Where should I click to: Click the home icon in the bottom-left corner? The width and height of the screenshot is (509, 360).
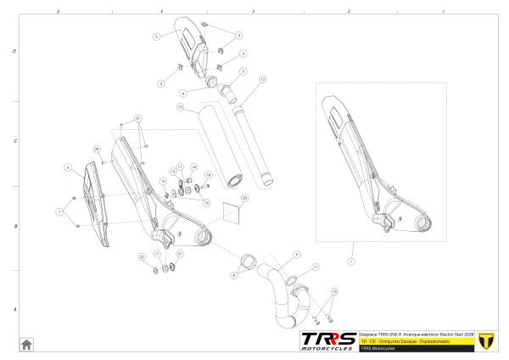coord(26,344)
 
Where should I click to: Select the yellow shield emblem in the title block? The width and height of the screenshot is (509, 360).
coord(486,341)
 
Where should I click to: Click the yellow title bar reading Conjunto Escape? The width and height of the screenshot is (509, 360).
coord(416,340)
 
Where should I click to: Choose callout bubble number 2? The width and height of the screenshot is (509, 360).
coord(156,37)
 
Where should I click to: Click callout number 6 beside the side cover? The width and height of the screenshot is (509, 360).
coord(66,168)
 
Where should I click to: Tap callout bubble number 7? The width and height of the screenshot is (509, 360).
coord(59,211)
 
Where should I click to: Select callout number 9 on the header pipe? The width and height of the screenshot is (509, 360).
coord(297,254)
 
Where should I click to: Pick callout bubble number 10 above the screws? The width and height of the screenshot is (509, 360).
coord(334,291)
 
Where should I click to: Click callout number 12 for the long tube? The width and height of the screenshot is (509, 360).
coord(263,79)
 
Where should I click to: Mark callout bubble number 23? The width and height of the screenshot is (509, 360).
coord(244,197)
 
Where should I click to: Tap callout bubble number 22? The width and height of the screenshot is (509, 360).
coord(142,256)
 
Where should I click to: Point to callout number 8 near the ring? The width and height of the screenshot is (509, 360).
coord(234,275)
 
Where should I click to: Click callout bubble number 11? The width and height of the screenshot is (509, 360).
coord(316,267)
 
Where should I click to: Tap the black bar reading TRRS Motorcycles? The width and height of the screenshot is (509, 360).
coord(416,348)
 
